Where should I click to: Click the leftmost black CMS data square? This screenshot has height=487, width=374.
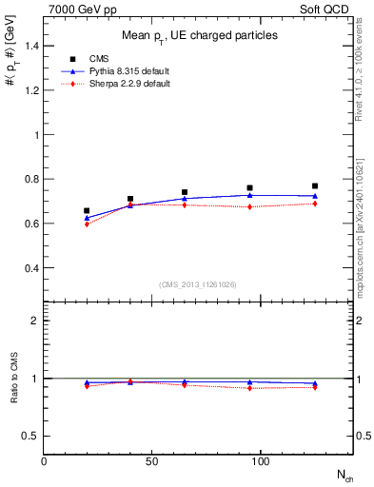pos(87,211)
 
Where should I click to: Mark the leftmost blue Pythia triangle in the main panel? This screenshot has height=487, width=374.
pos(87,218)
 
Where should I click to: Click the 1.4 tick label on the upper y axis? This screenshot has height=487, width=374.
pos(30,46)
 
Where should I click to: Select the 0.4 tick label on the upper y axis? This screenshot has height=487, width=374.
pos(30,268)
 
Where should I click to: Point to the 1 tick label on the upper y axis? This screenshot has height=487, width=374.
pos(35,135)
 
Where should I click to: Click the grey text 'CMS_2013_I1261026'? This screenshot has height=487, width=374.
pos(198,284)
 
